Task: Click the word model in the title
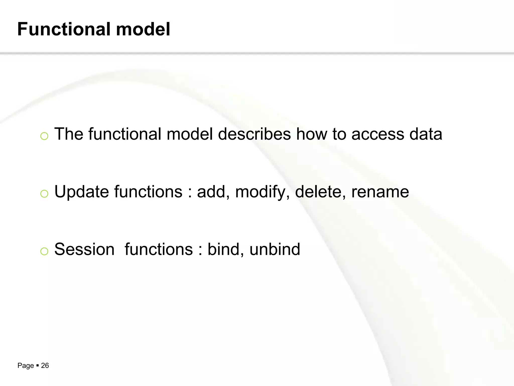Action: click(143, 29)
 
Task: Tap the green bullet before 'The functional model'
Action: click(44, 136)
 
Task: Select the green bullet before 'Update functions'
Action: click(44, 194)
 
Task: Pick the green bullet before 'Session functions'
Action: click(44, 251)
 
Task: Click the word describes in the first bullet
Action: click(254, 134)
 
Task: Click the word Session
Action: click(84, 249)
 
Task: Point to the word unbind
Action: click(275, 249)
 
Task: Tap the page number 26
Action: click(45, 365)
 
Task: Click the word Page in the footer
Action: click(26, 366)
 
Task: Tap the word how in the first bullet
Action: click(311, 134)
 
